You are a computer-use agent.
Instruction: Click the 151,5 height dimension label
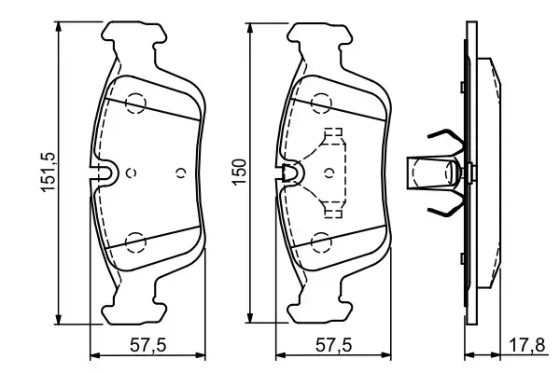41,172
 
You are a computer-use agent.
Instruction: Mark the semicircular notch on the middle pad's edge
291,172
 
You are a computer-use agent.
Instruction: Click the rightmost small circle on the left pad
182,173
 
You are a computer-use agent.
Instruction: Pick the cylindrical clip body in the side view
431,173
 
